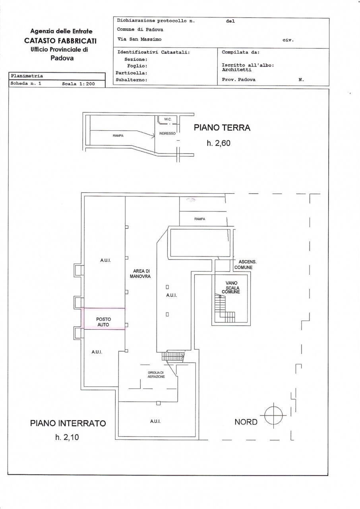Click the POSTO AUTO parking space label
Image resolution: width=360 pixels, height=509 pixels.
[103, 322]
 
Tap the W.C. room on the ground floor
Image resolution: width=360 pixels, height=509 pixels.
[168, 119]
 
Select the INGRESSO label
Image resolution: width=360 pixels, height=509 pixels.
[167, 134]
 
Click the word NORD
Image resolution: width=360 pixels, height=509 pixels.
[246, 422]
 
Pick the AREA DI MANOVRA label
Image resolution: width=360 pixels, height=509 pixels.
[140, 274]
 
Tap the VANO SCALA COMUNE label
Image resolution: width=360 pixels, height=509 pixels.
[231, 287]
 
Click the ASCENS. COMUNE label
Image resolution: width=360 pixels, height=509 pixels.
[245, 264]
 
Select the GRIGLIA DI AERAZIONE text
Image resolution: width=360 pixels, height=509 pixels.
[156, 375]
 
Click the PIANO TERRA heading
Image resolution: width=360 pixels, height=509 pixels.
[222, 128]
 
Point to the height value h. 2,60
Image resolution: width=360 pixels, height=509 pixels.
[219, 143]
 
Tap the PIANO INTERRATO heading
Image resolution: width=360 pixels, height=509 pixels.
[68, 424]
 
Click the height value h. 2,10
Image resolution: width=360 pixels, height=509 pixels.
[67, 437]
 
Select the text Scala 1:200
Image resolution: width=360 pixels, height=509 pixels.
[78, 84]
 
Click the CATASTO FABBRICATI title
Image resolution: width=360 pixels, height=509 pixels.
[60, 41]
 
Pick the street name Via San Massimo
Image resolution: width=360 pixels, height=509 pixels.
[139, 39]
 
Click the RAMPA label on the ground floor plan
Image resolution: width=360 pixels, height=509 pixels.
[118, 136]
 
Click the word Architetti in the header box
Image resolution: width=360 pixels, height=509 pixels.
[236, 70]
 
